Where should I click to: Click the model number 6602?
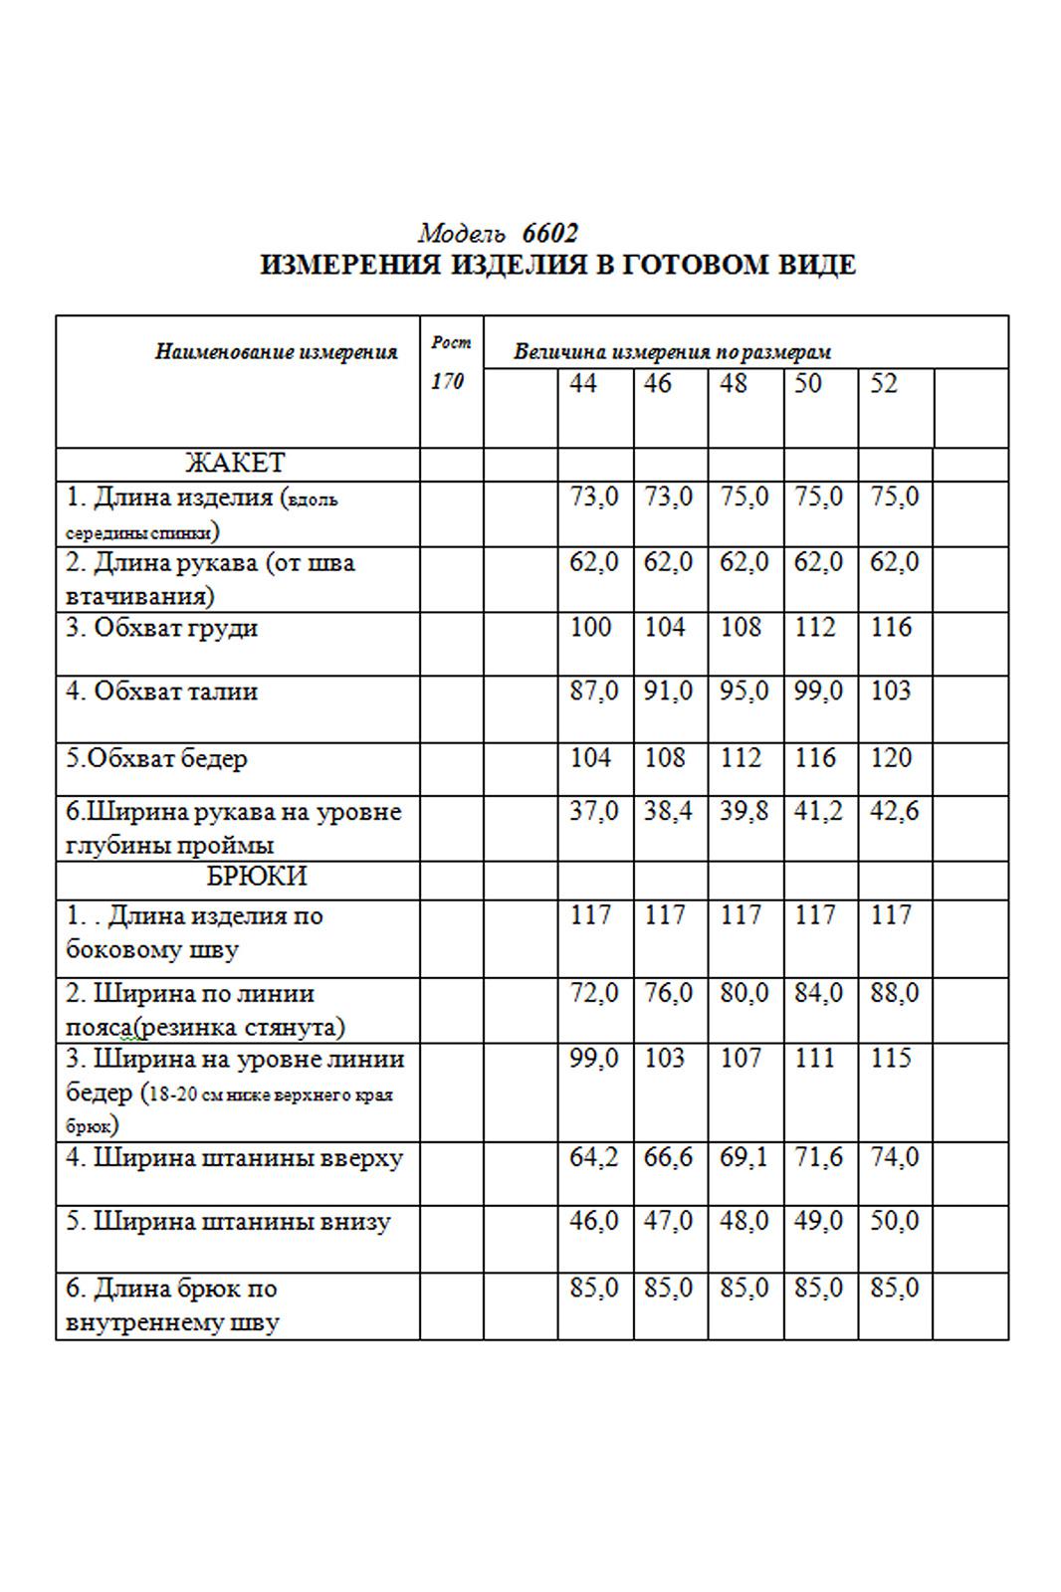point(549,234)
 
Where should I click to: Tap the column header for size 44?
point(583,384)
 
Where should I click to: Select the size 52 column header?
point(884,384)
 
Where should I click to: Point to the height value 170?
point(447,382)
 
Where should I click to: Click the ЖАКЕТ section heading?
point(235,464)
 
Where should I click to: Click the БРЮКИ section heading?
point(257,877)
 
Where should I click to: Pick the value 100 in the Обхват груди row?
point(590,628)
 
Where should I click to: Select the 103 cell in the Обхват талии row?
point(891,692)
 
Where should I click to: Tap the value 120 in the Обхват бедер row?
point(891,758)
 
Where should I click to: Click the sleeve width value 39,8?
point(744,812)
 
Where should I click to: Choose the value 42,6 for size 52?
point(894,812)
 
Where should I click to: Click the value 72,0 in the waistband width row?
point(594,994)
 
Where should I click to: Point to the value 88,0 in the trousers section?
point(894,994)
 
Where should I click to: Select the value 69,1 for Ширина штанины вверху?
point(743,1158)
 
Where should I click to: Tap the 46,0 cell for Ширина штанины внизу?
point(594,1221)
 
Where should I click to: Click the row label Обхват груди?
point(162,629)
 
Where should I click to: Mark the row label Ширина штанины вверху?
point(235,1159)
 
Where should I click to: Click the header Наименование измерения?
point(276,351)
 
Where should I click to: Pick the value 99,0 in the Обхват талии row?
point(818,692)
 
